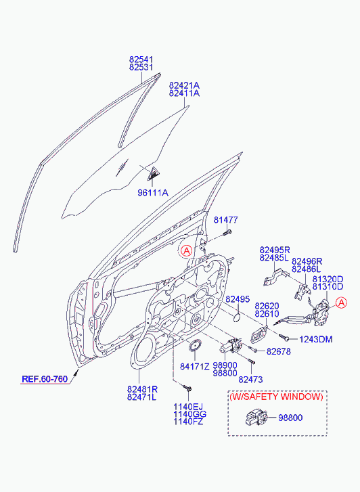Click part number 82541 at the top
141,60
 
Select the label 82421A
184,85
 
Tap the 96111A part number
153,192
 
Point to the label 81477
225,220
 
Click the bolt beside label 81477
227,233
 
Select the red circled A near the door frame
187,250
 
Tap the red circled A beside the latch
341,303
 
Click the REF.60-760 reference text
45,379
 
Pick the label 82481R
142,389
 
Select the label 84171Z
195,366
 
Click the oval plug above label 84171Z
195,345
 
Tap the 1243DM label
316,340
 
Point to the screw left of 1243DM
285,337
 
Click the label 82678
278,351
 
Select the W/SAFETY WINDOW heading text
276,397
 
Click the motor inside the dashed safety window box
256,418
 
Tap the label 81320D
328,279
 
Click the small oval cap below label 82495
238,317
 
